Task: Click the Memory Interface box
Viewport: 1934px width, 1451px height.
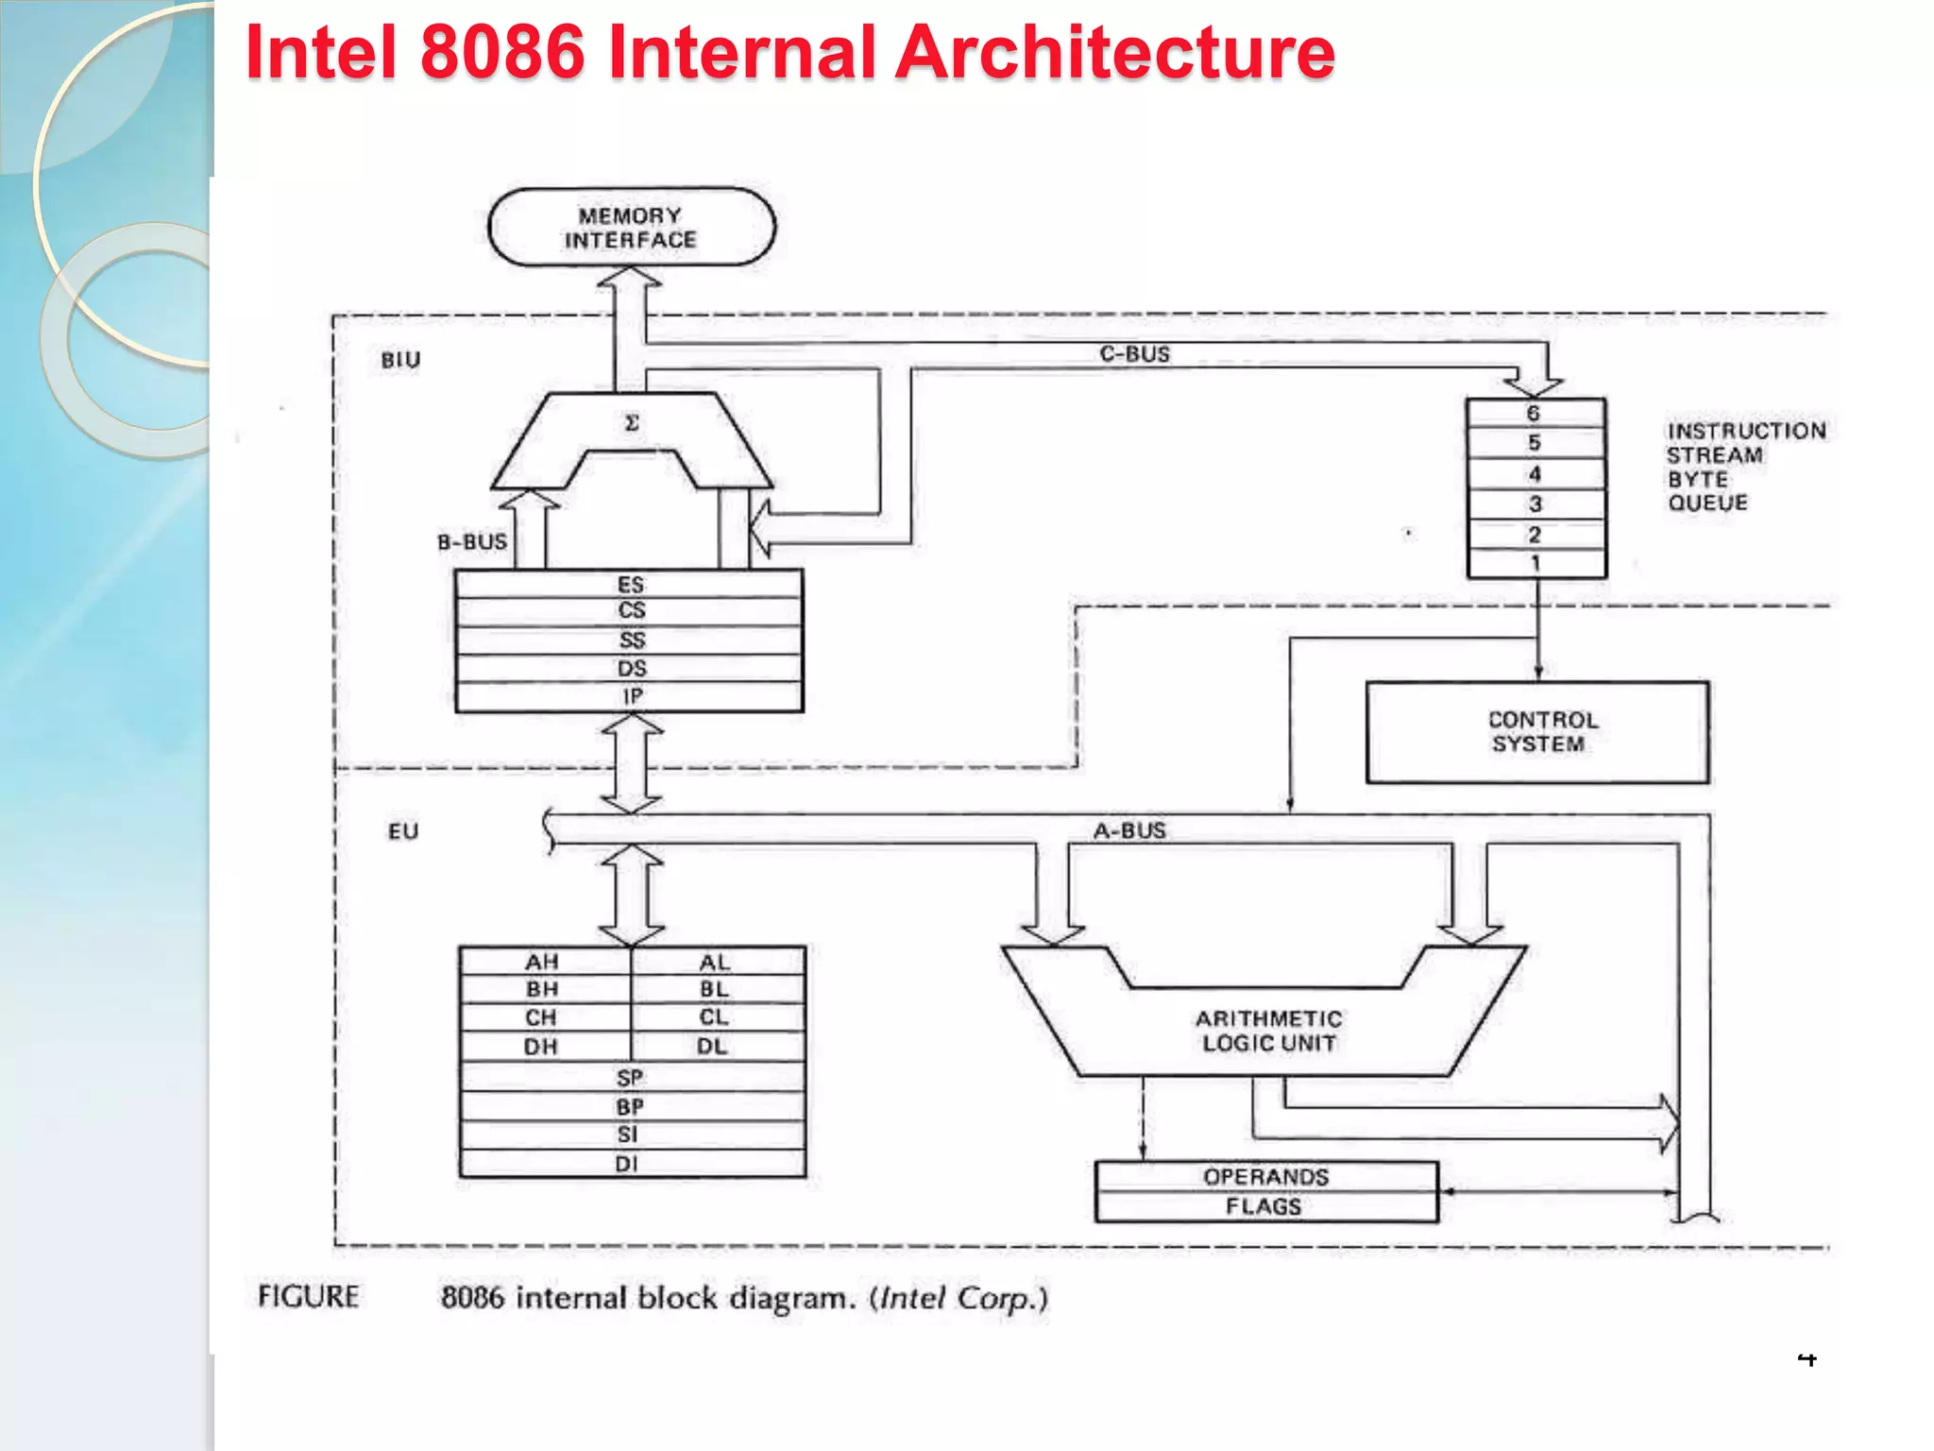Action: tap(631, 228)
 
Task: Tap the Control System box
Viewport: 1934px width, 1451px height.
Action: tap(1536, 732)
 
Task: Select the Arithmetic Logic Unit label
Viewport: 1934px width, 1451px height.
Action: tap(1267, 1031)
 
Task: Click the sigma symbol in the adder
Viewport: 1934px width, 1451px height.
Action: tap(632, 423)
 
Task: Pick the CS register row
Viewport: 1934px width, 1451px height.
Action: tap(630, 611)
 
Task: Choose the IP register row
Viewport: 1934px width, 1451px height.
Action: tap(630, 696)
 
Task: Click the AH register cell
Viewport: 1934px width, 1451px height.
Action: tap(543, 962)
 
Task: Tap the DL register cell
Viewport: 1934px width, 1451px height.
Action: tap(713, 1046)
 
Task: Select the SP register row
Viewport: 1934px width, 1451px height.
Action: tap(630, 1078)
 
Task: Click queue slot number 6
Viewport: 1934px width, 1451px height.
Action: tap(1535, 413)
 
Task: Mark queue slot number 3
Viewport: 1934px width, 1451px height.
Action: tap(1535, 504)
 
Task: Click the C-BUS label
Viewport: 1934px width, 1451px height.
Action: tap(1134, 353)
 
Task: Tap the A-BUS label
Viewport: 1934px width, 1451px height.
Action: tap(1129, 830)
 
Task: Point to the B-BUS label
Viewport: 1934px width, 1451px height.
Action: tap(472, 542)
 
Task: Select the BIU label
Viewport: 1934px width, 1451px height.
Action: tap(400, 360)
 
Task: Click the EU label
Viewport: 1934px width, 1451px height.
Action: tap(403, 831)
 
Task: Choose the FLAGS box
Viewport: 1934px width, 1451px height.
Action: tap(1264, 1206)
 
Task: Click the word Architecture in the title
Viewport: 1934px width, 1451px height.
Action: tap(1114, 52)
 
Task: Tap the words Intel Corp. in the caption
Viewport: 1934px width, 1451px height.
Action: tap(957, 1298)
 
